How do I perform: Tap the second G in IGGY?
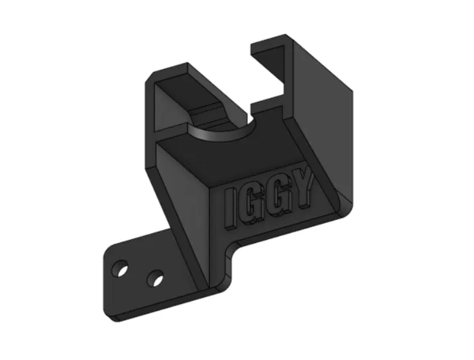click(278, 201)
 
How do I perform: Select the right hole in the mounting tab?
click(154, 279)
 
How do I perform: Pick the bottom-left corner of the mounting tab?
click(106, 314)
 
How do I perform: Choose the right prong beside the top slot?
click(273, 51)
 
